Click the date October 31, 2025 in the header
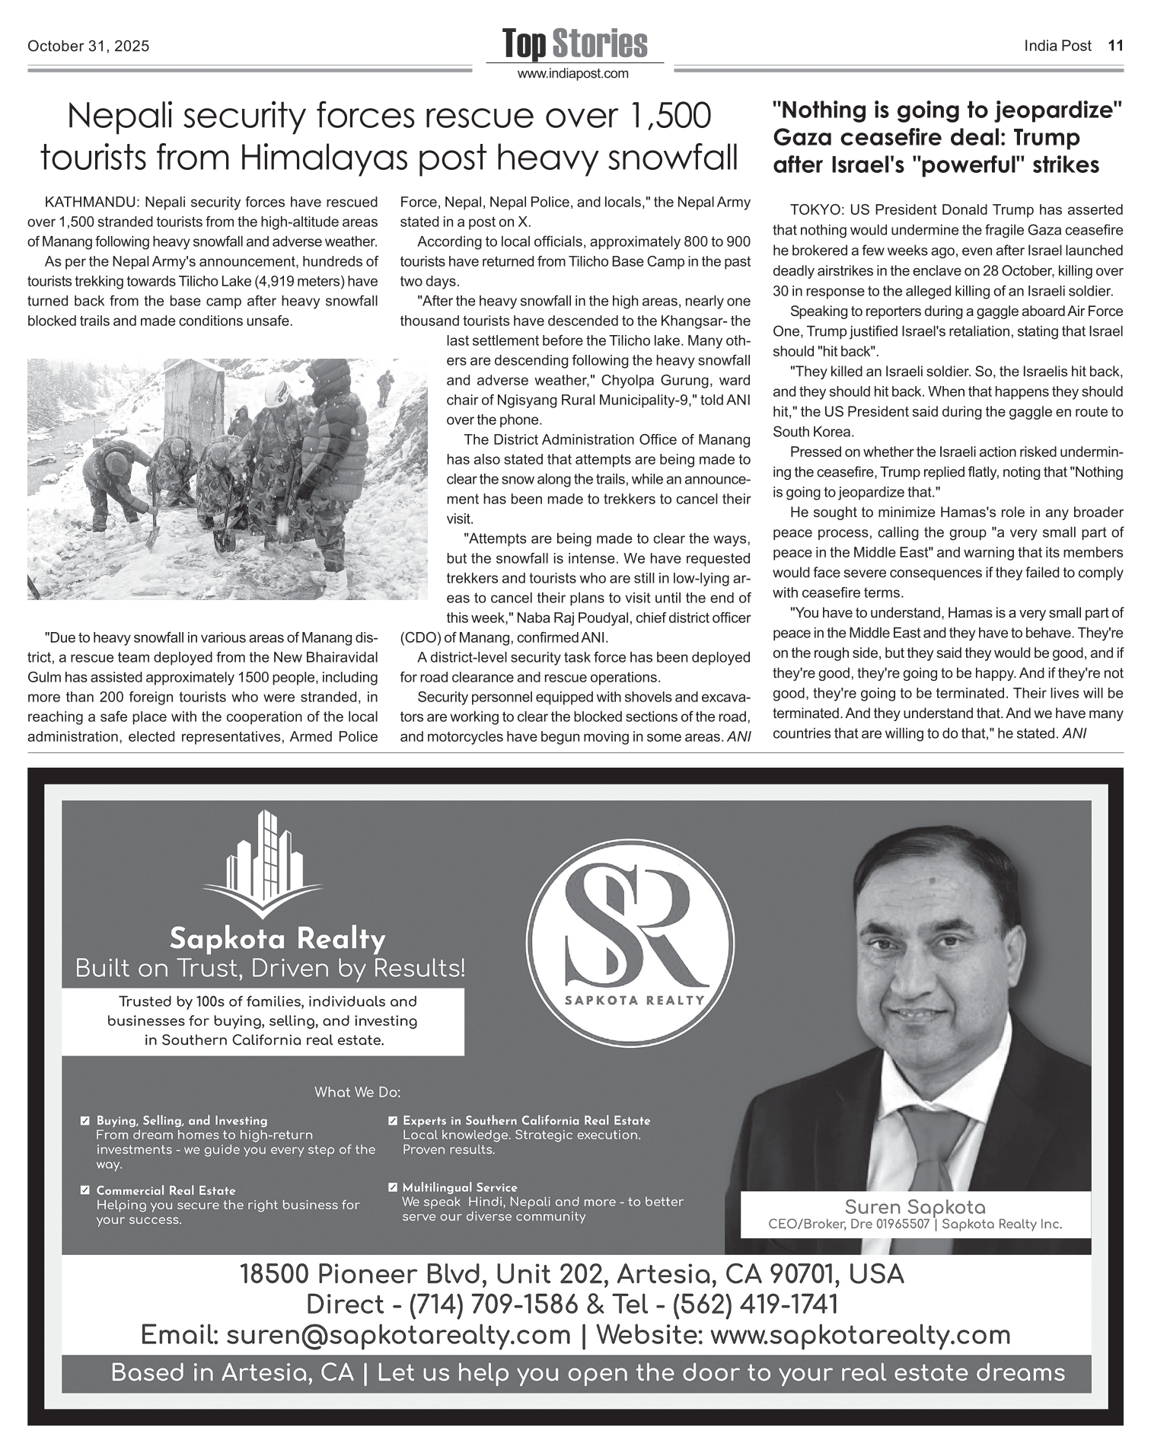[88, 46]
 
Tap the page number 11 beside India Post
[1115, 46]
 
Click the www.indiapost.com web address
[573, 74]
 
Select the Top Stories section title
[575, 43]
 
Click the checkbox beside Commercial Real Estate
[85, 1190]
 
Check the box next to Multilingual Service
[392, 1187]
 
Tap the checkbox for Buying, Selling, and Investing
[85, 1121]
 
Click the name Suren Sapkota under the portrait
[914, 1207]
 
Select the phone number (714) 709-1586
[493, 1305]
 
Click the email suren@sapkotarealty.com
[398, 1335]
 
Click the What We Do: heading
[357, 1093]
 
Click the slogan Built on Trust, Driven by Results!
[269, 969]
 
